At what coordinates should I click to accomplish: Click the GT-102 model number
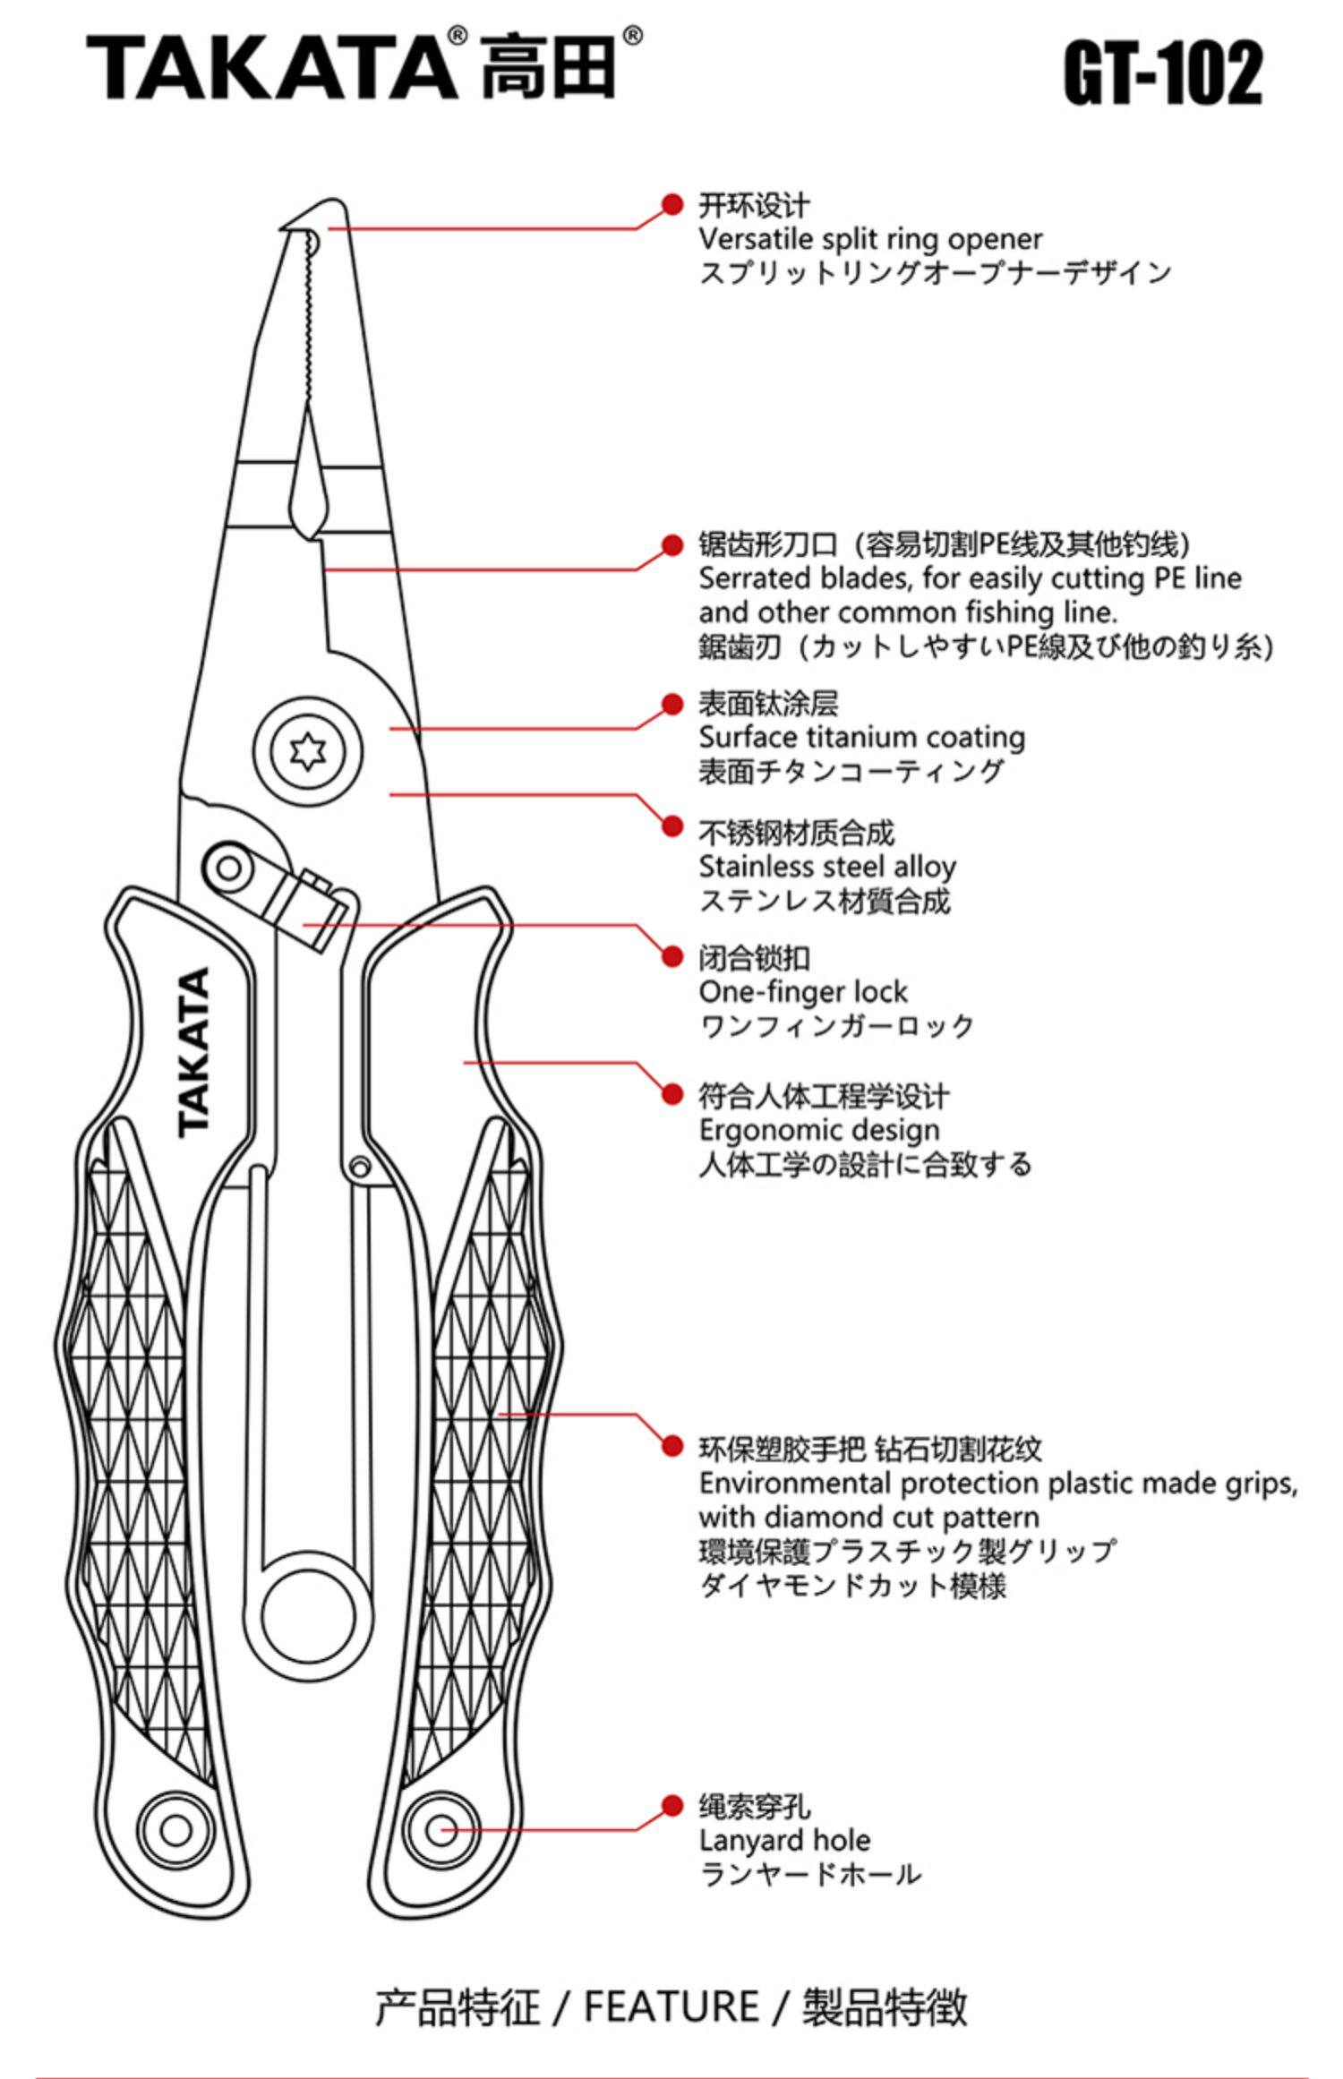point(1162,73)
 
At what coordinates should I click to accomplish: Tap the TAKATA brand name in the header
point(269,66)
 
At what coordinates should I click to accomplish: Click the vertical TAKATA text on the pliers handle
point(194,1051)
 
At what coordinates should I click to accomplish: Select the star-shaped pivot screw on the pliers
point(307,750)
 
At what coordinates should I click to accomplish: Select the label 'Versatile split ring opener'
point(870,239)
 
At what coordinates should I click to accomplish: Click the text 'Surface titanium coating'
point(861,737)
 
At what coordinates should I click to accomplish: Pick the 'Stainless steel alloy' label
point(827,866)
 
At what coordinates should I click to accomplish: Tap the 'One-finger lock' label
point(803,991)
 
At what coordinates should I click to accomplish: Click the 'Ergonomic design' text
point(819,1130)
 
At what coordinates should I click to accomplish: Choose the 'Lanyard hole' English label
point(784,1840)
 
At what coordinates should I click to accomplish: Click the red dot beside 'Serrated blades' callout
point(672,544)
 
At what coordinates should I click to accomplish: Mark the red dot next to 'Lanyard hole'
point(672,1806)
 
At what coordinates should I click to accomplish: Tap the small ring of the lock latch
point(229,867)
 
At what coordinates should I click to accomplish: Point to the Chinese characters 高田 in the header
point(548,68)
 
